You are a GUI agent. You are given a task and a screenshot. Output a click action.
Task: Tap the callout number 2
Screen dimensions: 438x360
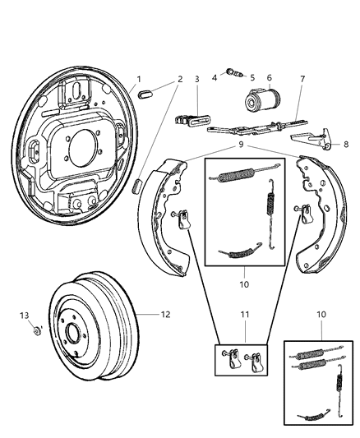[180, 79]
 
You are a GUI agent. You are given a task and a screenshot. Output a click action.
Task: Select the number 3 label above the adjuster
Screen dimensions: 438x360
[196, 79]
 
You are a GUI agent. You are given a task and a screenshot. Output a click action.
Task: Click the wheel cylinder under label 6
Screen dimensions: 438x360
[261, 102]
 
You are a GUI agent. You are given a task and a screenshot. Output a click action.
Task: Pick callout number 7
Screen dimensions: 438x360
[302, 79]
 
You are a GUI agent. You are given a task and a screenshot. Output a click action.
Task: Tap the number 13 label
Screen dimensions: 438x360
[25, 315]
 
